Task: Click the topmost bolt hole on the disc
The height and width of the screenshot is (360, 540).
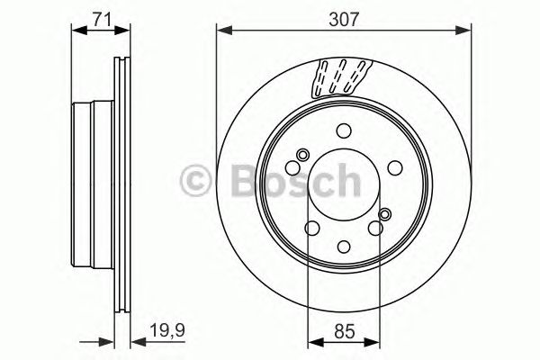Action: [x=345, y=129]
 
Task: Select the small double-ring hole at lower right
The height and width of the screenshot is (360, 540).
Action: [x=386, y=214]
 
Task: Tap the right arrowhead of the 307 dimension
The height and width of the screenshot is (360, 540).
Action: [x=468, y=31]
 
